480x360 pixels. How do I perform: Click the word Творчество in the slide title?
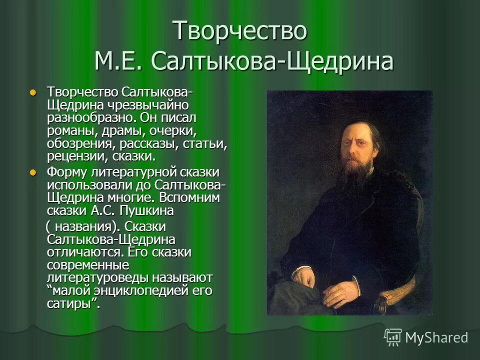(239, 30)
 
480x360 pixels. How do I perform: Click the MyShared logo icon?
(393, 337)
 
